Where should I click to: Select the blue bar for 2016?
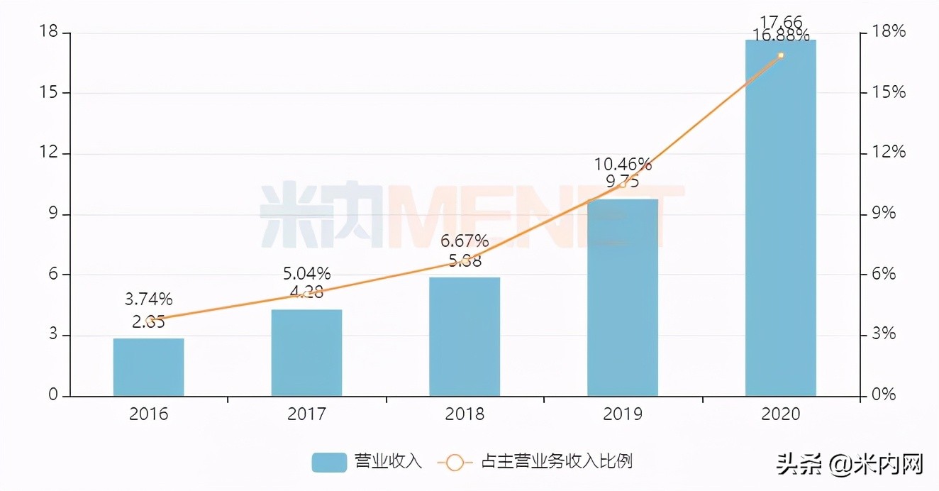(x=148, y=367)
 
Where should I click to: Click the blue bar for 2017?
(x=306, y=353)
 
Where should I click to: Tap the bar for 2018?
(x=465, y=336)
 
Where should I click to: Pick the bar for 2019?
(x=623, y=297)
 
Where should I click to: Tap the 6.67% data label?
(x=465, y=241)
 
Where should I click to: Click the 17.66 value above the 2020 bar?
(x=780, y=21)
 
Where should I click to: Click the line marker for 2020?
(x=780, y=55)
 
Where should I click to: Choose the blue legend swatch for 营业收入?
(x=329, y=463)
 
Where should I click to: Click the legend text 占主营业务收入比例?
(x=557, y=462)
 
